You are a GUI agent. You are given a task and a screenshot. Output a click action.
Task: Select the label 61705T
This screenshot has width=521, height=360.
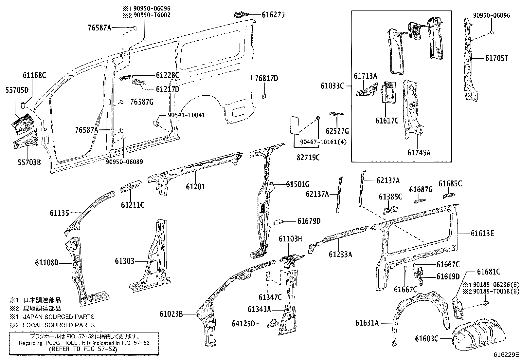pos(496,58)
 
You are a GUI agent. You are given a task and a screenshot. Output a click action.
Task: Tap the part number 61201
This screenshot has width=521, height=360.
pos(195,187)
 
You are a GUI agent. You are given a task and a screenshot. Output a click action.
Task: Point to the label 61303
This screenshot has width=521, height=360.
pos(124,261)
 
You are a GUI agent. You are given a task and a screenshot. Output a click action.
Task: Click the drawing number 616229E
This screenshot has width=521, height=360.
pos(507,354)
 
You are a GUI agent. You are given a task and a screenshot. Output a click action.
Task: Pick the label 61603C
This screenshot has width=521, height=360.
pos(426,339)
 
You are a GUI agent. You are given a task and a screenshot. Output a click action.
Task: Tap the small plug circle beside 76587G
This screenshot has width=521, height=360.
pos(121,102)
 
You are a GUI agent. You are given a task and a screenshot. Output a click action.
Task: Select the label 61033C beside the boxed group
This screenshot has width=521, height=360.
pos(332,86)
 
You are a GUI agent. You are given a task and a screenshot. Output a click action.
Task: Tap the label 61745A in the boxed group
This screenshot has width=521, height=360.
pos(419,152)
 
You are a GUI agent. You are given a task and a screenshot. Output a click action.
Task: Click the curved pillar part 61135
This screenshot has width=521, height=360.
pos(88,210)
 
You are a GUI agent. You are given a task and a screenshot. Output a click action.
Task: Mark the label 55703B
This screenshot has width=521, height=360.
pos(29,161)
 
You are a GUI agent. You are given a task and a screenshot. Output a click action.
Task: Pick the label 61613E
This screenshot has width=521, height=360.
pos(482,234)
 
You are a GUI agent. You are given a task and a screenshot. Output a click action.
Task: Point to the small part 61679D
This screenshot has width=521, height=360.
pos(278,222)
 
